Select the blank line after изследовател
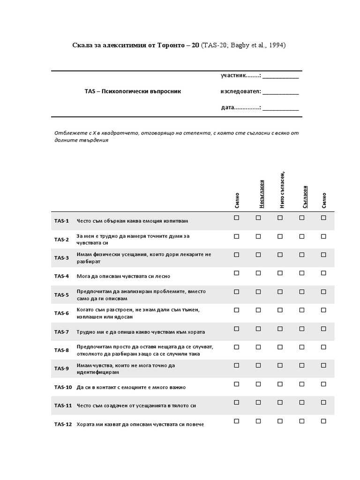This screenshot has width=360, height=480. tap(280, 92)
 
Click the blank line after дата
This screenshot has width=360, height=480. tap(280, 108)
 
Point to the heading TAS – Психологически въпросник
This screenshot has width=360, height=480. tap(129, 91)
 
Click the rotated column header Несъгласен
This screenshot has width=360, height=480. tap(262, 194)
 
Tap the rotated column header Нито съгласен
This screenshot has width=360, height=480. tap(283, 189)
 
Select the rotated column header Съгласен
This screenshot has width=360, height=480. tap(305, 196)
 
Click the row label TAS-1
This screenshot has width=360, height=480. tap(61, 221)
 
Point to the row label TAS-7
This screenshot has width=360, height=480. tap(61, 332)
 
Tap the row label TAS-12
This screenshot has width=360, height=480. tap(63, 424)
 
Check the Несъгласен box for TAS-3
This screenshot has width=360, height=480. tap(258, 255)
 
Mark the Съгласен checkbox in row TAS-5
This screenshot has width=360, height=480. tap(302, 292)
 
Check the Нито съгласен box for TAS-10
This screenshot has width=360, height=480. tap(280, 384)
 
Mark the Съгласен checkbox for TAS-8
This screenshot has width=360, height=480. tap(302, 347)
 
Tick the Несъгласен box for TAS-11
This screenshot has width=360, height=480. tap(258, 402)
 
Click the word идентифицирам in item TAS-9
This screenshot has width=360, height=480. tap(97, 372)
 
